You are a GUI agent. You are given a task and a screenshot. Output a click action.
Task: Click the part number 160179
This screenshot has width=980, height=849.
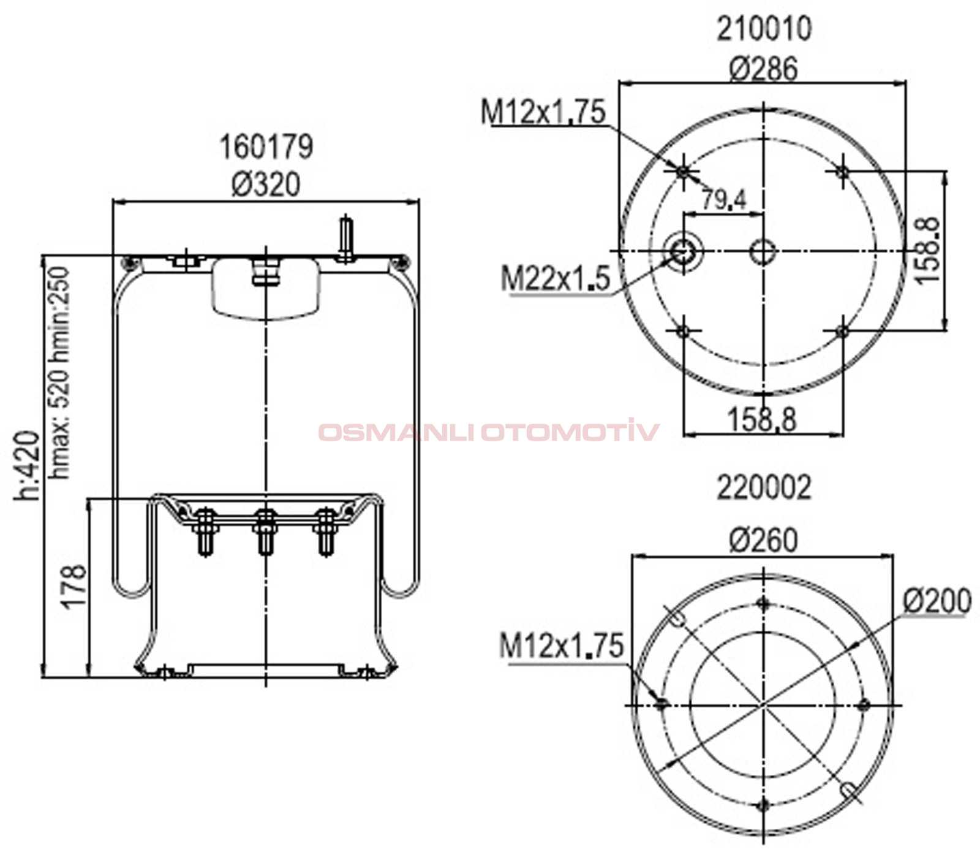[x=266, y=147]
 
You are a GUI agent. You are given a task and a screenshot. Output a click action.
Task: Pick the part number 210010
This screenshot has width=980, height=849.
[x=764, y=29]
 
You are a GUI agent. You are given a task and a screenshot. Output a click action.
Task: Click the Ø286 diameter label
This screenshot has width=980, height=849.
[x=764, y=68]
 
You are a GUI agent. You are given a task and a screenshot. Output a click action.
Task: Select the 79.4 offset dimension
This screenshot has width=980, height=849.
[x=723, y=199]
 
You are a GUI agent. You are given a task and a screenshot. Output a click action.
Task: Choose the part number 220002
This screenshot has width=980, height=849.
[x=764, y=487]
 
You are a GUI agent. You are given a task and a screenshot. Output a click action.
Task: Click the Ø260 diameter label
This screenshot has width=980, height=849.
[x=764, y=540]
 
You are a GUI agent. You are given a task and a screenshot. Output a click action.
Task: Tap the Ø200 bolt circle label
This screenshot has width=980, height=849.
[x=937, y=601]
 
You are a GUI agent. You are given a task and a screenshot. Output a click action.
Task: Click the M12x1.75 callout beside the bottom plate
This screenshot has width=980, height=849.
[x=561, y=646]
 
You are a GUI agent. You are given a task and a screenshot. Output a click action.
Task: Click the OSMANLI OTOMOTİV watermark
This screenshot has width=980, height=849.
[x=488, y=432]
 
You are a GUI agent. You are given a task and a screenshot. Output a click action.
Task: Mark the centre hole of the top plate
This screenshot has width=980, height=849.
[x=763, y=251]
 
